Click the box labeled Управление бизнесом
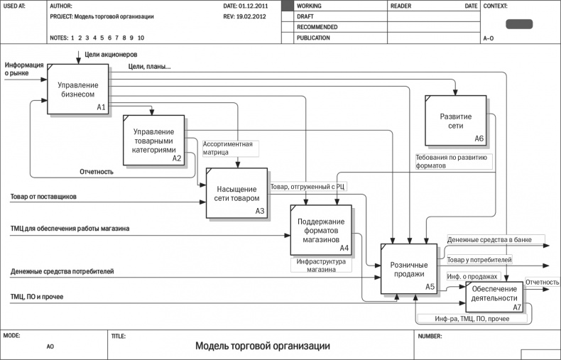tap(78, 89)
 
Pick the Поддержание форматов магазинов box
tap(320, 230)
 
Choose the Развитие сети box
tap(456, 120)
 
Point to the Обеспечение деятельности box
tap(494, 294)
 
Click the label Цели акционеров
tap(111, 55)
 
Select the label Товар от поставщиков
tap(43, 197)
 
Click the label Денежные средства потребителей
tap(62, 272)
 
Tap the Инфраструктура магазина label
tap(321, 265)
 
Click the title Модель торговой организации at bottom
tap(262, 346)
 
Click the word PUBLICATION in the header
tap(313, 38)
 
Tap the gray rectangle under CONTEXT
tap(518, 23)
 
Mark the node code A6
tap(479, 138)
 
